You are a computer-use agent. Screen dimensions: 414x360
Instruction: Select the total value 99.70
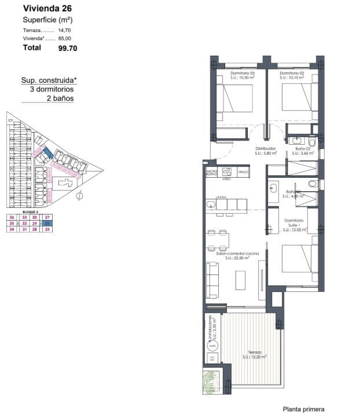(67, 49)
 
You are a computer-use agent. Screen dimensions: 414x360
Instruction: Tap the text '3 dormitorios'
(52, 90)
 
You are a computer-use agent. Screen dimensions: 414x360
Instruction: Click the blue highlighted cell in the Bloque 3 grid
(49, 223)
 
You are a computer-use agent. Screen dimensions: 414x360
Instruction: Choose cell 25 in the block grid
(49, 229)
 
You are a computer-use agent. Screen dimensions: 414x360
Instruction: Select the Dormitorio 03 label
(243, 74)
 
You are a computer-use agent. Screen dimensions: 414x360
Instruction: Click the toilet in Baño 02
(312, 141)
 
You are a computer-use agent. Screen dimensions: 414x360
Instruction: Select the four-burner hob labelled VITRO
(227, 172)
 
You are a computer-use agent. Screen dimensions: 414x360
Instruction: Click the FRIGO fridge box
(243, 172)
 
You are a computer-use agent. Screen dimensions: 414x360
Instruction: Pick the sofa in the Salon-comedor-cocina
(212, 278)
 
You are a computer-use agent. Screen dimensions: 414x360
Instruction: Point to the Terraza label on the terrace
(255, 352)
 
